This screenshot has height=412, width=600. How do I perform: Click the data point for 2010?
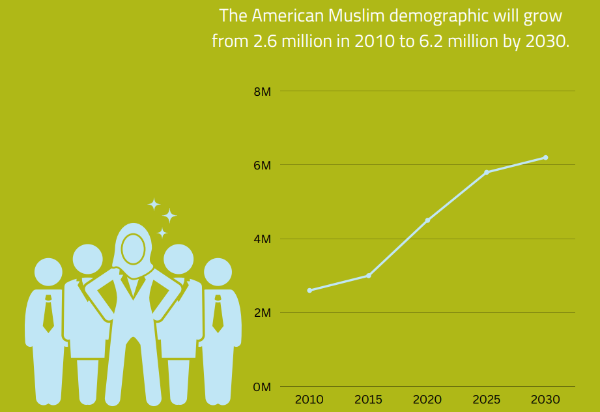click(309, 290)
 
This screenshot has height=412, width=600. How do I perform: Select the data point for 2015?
click(369, 276)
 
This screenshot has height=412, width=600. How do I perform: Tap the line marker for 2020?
click(427, 220)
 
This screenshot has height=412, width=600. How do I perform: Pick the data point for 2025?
click(487, 172)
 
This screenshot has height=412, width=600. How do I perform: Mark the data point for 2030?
click(545, 157)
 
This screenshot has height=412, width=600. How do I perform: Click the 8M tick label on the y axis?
click(262, 91)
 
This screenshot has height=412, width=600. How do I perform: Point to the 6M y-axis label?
click(262, 166)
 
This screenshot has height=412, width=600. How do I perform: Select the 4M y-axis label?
click(262, 239)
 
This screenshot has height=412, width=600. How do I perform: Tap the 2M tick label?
click(262, 313)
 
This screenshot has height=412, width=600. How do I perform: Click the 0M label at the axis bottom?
click(262, 387)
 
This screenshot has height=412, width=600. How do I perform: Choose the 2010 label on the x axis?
click(309, 400)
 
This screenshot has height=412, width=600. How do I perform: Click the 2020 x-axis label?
click(427, 400)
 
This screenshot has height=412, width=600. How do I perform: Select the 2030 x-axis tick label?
click(545, 400)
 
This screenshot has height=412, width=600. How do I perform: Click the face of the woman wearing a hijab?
click(134, 248)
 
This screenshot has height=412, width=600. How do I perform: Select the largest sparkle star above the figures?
click(169, 216)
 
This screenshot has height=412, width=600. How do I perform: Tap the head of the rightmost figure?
click(218, 272)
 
